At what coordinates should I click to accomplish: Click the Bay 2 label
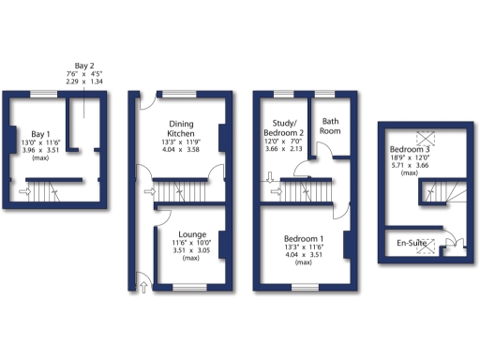coord(85,66)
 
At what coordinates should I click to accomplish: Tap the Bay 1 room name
coord(40,134)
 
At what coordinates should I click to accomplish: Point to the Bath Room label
coord(330,127)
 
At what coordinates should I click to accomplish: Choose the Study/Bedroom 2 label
coord(283,127)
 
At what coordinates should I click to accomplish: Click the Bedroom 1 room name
coord(303,240)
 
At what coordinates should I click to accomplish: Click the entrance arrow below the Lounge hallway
coord(142,282)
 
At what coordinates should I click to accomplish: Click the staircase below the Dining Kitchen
coord(182,193)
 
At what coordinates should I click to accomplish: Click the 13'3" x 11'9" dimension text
coord(181,142)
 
